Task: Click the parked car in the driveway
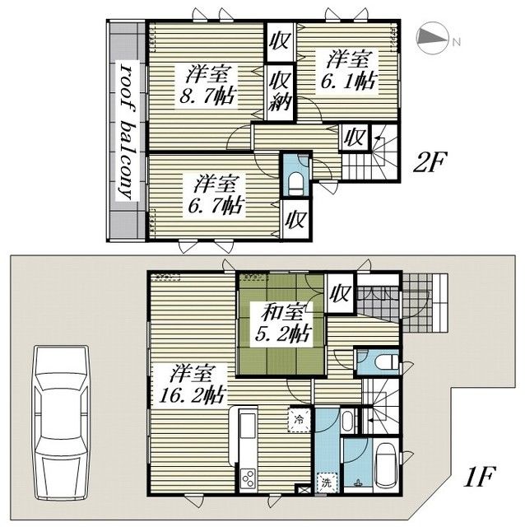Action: coord(62,422)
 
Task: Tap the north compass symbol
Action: coord(433,38)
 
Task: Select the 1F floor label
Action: coord(480,476)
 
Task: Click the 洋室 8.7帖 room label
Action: coord(207,86)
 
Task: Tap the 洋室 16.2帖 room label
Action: coord(192,385)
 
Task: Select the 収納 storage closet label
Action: coord(280,91)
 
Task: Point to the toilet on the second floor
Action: coord(295,184)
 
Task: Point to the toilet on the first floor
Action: coord(386,362)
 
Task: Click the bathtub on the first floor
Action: coord(386,465)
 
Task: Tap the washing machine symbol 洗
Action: coord(327,483)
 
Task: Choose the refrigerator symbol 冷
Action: coord(299,419)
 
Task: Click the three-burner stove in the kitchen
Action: coord(249,478)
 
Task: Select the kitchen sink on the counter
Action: coord(249,424)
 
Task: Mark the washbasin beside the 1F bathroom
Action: coord(348,421)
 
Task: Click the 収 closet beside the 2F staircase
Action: coord(355,137)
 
